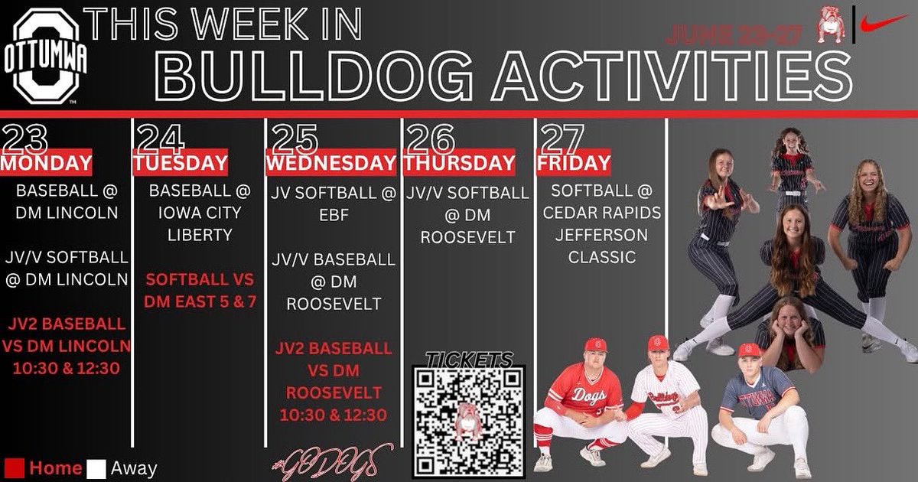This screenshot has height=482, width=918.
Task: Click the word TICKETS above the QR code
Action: [469, 360]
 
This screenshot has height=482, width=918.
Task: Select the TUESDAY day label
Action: [181, 163]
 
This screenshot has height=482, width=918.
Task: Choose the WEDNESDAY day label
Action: [330, 163]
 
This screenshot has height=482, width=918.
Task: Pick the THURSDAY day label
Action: [460, 163]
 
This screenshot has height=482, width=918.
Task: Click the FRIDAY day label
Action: [574, 163]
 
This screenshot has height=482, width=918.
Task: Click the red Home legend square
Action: [15, 467]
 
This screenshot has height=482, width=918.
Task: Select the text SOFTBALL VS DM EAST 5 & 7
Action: [199, 291]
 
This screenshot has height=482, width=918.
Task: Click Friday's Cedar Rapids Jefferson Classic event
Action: [601, 224]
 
